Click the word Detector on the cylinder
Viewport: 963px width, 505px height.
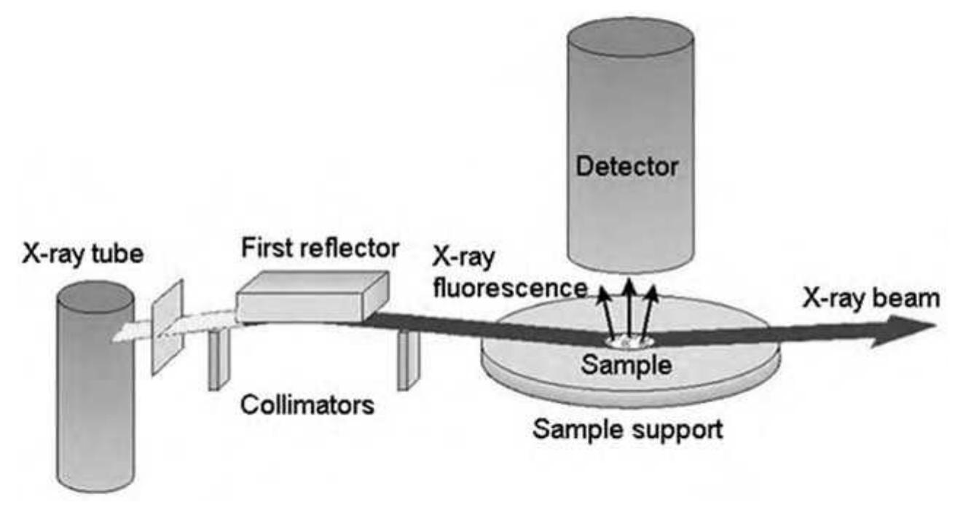(x=626, y=168)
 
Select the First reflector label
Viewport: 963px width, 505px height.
(x=321, y=248)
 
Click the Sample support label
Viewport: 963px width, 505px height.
(x=628, y=428)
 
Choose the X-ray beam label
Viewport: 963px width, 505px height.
(x=871, y=297)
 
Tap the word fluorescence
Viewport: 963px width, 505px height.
(x=509, y=287)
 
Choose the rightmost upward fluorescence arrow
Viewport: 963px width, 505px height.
(x=650, y=310)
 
